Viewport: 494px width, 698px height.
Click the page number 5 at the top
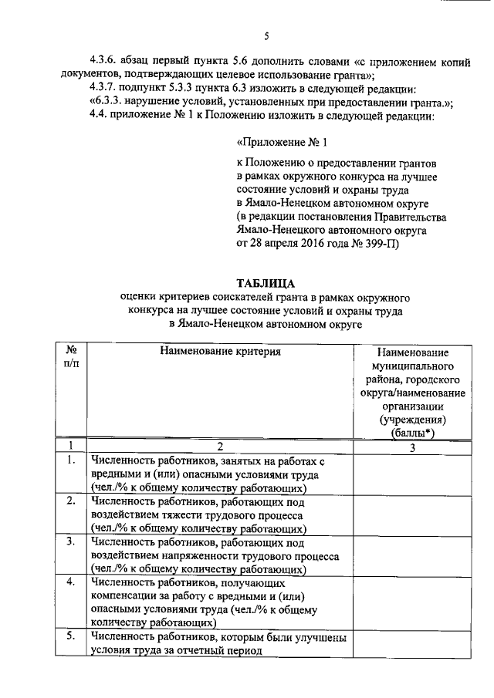click(x=266, y=35)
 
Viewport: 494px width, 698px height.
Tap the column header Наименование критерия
click(x=220, y=352)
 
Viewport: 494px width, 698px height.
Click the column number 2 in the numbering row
click(x=220, y=447)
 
